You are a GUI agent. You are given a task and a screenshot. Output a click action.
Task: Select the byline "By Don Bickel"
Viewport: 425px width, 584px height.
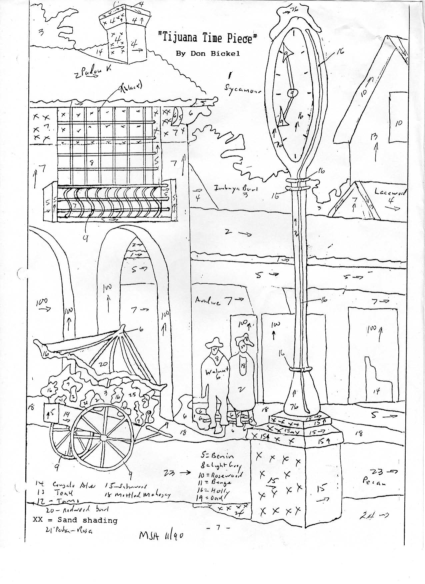coord(208,54)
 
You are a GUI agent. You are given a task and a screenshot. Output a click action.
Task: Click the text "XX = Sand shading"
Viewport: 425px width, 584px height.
coord(75,520)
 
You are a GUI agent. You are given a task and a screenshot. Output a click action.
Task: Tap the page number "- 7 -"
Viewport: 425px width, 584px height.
coord(218,527)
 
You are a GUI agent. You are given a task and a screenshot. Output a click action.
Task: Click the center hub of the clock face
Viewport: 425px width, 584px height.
coord(292,93)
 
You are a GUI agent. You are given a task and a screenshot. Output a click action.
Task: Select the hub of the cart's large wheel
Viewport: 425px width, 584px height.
coord(104,437)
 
